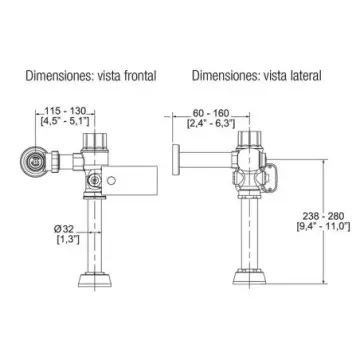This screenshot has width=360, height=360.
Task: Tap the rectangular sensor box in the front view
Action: coord(129,180)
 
